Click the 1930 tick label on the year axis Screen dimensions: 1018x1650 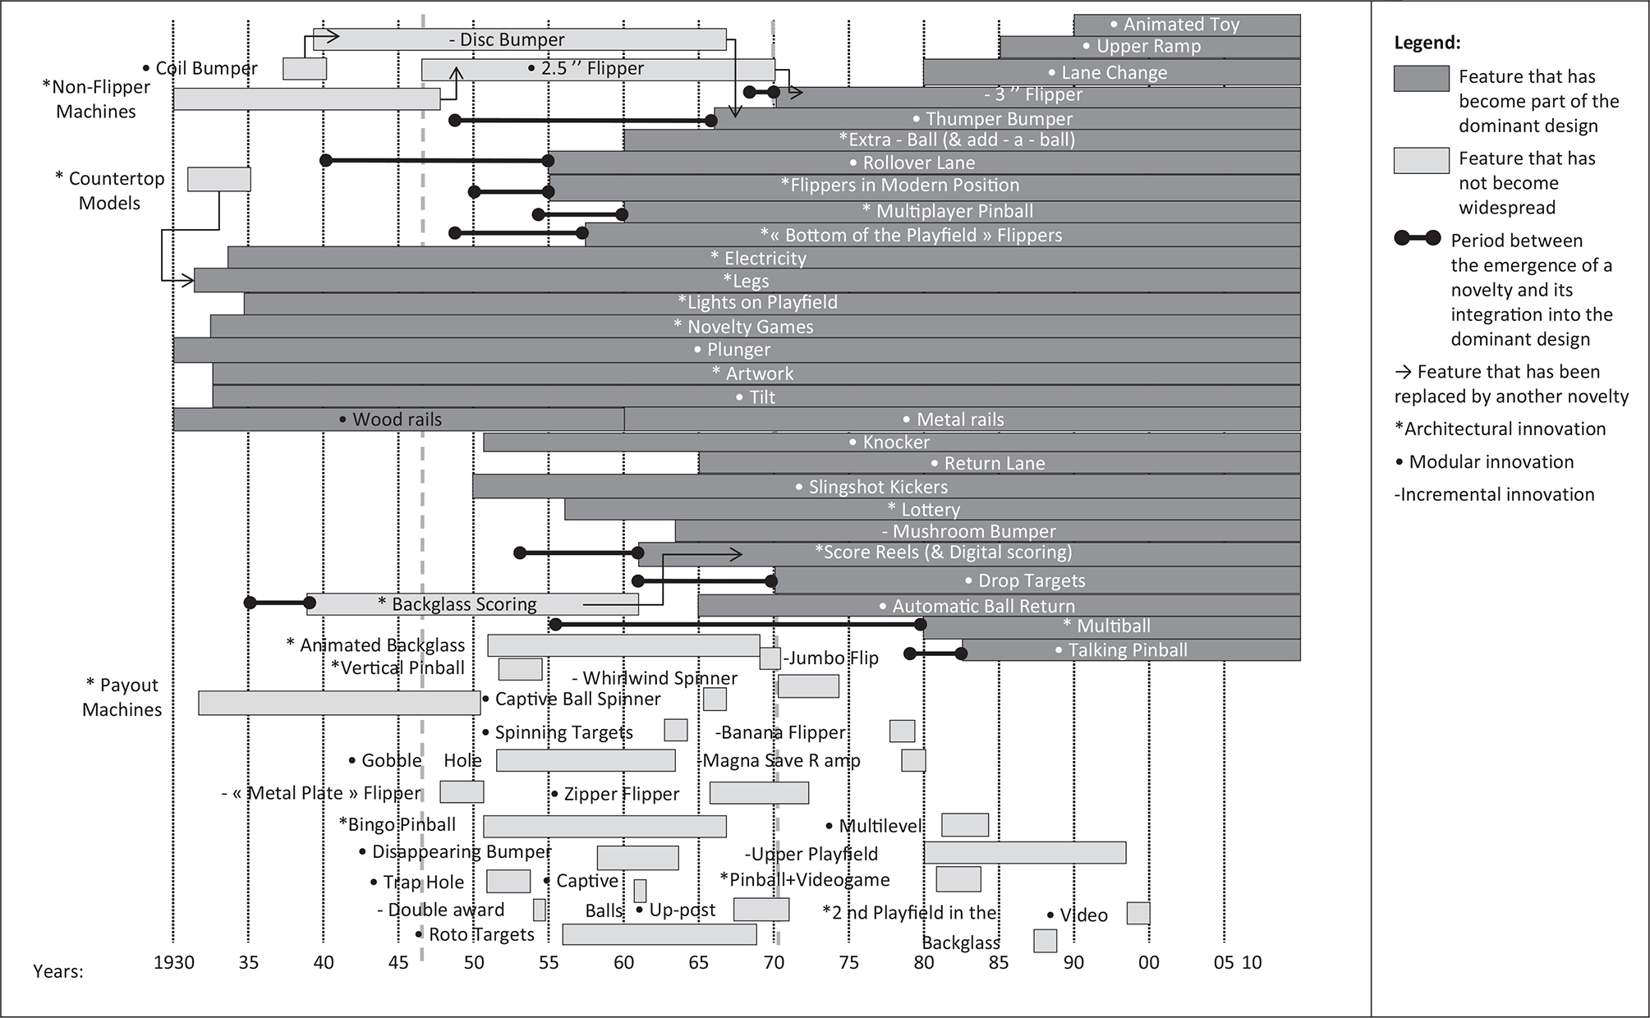tap(174, 962)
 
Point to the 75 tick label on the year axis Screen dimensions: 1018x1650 tap(848, 962)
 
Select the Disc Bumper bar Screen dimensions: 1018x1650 tap(519, 39)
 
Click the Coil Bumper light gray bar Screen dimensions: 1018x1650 tap(305, 69)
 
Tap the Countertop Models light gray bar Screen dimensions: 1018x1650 tap(218, 179)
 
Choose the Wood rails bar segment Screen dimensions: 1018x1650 tap(398, 420)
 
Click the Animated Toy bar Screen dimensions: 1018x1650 tap(1187, 25)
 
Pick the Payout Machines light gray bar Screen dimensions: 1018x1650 tap(339, 703)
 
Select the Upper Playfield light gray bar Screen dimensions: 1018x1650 tap(1024, 852)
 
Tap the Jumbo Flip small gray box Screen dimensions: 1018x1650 tap(770, 658)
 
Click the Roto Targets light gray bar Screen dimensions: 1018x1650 tap(659, 934)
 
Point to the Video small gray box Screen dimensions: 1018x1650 tap(1138, 913)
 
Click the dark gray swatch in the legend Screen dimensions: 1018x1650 tap(1421, 79)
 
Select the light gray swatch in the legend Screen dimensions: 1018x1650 tap(1421, 160)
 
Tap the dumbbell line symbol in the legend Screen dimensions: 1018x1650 tap(1417, 239)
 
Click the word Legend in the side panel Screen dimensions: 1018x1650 tap(1427, 44)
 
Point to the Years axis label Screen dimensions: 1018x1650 tap(58, 971)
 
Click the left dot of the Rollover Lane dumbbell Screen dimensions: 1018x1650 tap(326, 160)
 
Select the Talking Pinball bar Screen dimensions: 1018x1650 tap(1131, 650)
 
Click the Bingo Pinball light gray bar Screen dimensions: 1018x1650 tap(604, 826)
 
